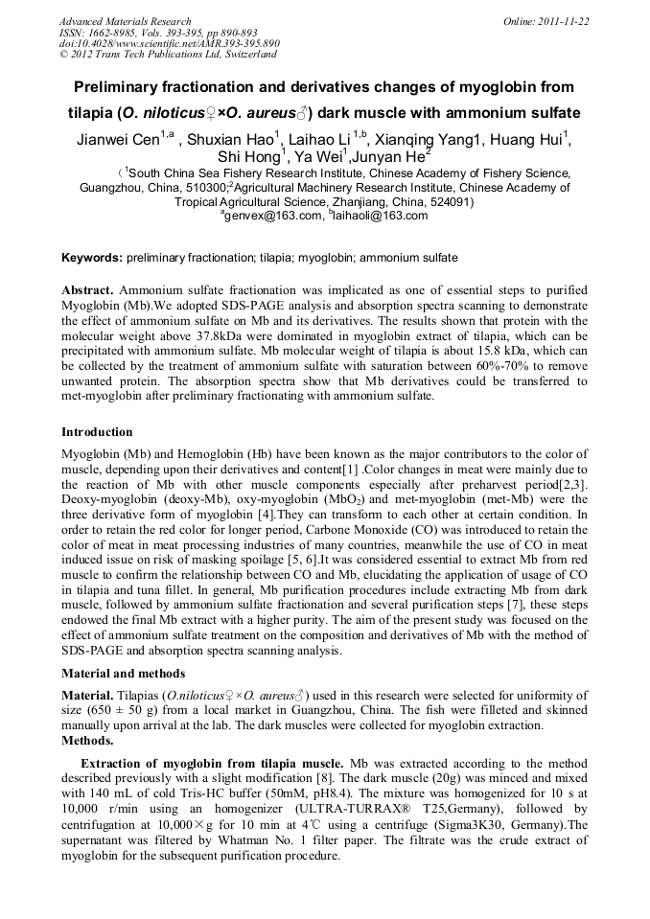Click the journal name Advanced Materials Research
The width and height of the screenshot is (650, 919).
pyautogui.click(x=125, y=21)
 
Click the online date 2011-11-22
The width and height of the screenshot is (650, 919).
pyautogui.click(x=565, y=21)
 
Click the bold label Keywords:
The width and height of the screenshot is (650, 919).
pyautogui.click(x=91, y=258)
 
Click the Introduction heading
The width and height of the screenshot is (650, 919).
pyautogui.click(x=97, y=432)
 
